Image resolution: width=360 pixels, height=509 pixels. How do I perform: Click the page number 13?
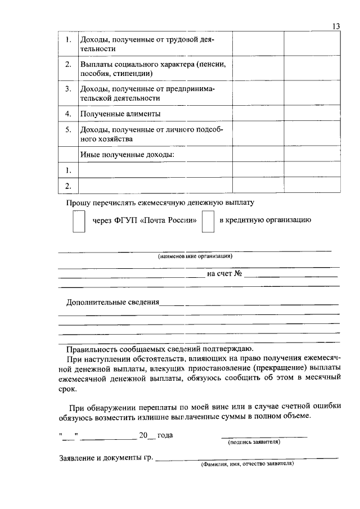tap(336, 26)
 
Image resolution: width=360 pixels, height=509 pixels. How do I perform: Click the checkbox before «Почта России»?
tap(79, 221)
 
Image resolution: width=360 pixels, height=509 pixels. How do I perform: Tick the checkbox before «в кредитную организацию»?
tap(208, 221)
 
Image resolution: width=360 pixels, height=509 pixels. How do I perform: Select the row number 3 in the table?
tap(67, 89)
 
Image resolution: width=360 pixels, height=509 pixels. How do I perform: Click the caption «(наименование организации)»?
tap(195, 256)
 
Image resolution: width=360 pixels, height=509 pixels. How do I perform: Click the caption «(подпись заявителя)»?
tap(254, 442)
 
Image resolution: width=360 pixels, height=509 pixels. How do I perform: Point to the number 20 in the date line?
tap(143, 435)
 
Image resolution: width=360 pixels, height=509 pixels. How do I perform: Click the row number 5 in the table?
tap(67, 129)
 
